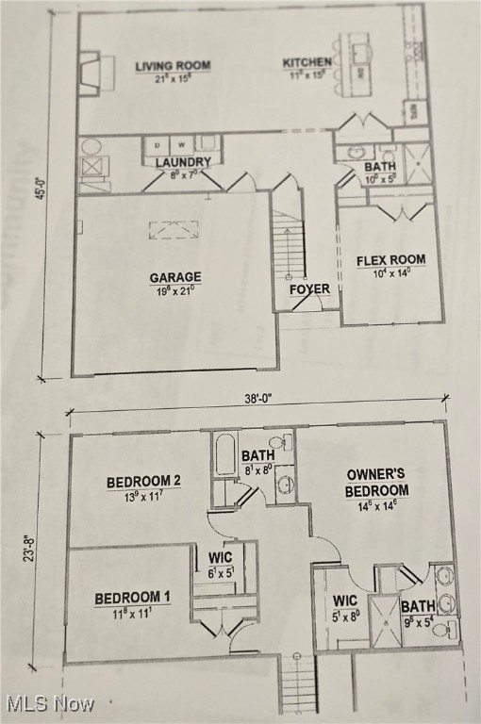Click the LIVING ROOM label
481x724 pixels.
click(173, 66)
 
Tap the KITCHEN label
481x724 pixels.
click(307, 63)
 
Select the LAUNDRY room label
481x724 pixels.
click(183, 162)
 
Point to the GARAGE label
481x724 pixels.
click(175, 277)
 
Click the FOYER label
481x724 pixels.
click(309, 289)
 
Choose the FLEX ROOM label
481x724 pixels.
click(390, 260)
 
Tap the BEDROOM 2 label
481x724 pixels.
click(143, 482)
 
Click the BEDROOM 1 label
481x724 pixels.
click(132, 598)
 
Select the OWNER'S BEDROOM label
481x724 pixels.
click(376, 483)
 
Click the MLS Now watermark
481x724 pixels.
click(49, 703)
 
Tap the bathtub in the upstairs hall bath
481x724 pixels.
click(225, 454)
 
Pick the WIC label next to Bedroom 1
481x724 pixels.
click(220, 557)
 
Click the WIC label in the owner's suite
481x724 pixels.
click(345, 601)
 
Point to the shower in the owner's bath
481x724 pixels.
click(385, 622)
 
